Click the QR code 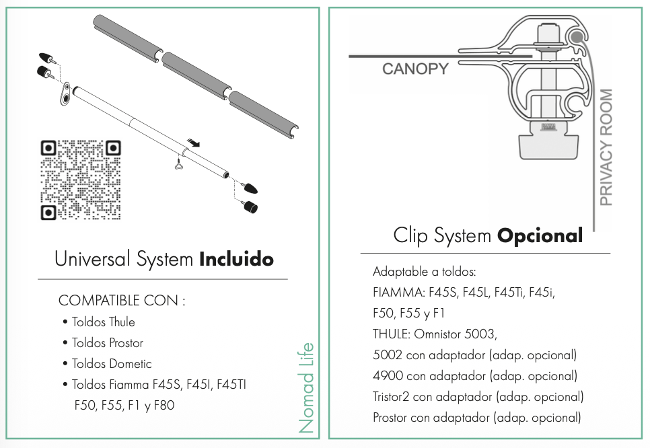tap(81, 180)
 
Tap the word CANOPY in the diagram tap(414, 69)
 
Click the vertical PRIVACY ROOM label tap(606, 147)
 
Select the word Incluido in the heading tap(237, 260)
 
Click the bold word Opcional tap(540, 236)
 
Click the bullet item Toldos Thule tap(103, 322)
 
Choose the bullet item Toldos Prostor tap(107, 343)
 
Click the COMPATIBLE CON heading tap(121, 301)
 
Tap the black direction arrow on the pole tap(194, 143)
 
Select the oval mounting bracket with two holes tap(65, 94)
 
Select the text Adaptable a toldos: tap(424, 272)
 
